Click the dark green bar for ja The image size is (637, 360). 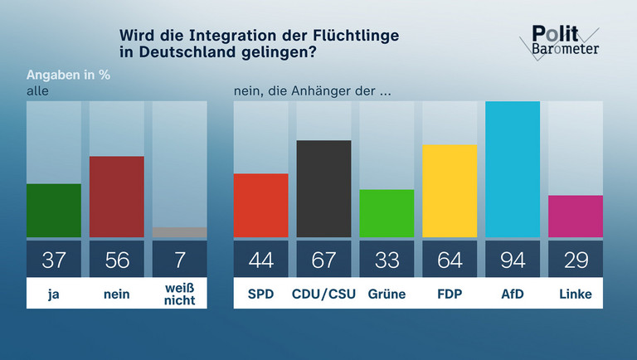54,211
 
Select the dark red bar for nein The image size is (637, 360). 116,197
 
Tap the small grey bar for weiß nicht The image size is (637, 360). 179,232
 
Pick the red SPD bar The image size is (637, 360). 260,206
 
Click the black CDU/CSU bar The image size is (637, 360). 323,189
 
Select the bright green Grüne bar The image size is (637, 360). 387,213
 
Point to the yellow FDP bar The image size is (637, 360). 450,191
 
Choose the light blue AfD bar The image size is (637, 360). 513,169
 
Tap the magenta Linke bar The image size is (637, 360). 576,216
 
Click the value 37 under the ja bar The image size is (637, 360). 54,260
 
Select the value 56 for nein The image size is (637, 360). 116,260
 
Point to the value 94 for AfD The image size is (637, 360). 513,260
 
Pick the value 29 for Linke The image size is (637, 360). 576,260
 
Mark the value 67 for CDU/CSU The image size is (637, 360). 323,260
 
